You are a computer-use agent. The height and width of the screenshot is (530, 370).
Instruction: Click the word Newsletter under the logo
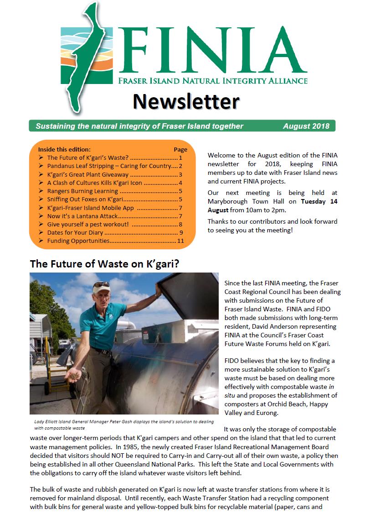coord(186,101)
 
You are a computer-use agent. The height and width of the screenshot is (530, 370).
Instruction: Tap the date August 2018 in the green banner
coord(306,126)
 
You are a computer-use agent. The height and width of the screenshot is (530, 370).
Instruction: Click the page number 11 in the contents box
coord(180,241)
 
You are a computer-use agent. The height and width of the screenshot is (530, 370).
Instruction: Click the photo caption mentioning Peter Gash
coord(123,425)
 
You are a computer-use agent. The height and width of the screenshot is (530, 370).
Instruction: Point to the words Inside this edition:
coord(64,149)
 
